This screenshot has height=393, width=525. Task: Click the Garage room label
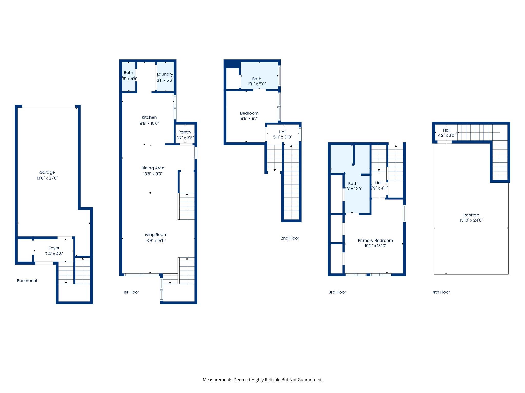coord(47,172)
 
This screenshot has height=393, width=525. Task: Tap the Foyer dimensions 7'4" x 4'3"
coord(54,254)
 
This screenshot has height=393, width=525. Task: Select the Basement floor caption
coord(27,281)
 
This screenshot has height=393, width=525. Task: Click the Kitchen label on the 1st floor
coord(149,117)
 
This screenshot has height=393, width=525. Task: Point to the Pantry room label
coord(185,132)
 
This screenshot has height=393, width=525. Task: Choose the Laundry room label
coord(165,74)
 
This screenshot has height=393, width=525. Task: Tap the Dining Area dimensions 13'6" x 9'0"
coord(153,174)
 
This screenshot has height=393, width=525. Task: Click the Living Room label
coord(155,235)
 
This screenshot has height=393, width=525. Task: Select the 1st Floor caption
coord(131,292)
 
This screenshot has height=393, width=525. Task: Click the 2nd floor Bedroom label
coord(249,113)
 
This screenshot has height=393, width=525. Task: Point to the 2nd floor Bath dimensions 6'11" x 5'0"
coord(257,84)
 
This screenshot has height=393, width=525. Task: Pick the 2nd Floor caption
coord(290,238)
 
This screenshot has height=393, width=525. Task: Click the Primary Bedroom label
coord(375,241)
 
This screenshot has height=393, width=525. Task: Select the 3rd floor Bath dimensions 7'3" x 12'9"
coord(353,189)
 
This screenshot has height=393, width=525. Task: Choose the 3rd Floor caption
coord(337,292)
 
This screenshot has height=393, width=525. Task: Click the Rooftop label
coord(471,215)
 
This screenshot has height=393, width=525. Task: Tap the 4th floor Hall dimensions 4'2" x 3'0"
coord(447,135)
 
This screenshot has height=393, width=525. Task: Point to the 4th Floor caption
coord(441,292)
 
